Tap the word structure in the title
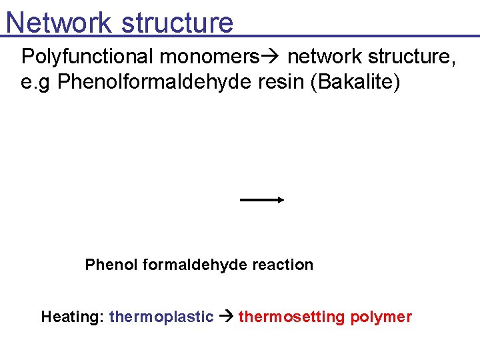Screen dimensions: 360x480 (178, 23)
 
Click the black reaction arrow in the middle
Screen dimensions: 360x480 (262, 199)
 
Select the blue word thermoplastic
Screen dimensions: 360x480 (161, 317)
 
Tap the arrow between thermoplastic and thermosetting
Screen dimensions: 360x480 (226, 317)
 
